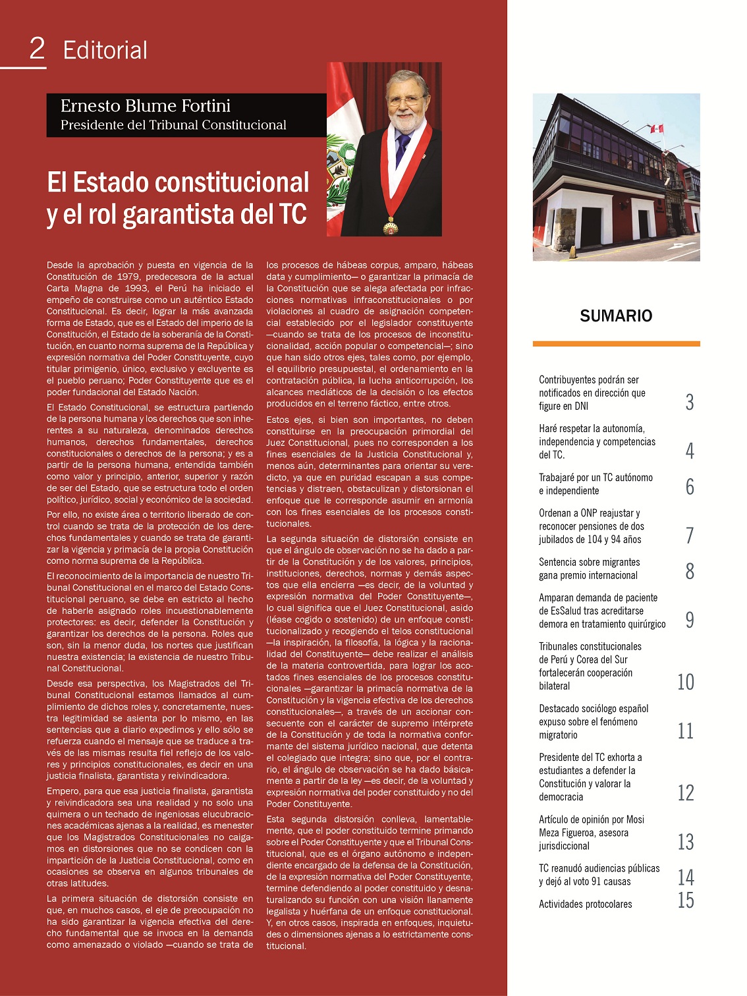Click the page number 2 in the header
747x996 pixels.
coord(38,49)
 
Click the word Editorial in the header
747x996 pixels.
coord(105,51)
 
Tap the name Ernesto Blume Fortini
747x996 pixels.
coord(146,106)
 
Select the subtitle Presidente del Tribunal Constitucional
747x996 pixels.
coord(173,125)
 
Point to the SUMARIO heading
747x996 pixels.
coord(616,316)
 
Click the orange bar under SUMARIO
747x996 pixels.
coord(616,344)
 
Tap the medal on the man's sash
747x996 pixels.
coord(391,228)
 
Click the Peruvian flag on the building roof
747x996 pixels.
coord(656,128)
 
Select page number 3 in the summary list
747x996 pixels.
coord(690,402)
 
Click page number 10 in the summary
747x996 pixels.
coord(686,682)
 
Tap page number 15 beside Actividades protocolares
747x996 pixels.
coord(686,900)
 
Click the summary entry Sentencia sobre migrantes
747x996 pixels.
coord(589,568)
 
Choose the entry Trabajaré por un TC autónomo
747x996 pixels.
coord(595,484)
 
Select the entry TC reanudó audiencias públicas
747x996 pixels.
coord(599,875)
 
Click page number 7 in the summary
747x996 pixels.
coord(690,536)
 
